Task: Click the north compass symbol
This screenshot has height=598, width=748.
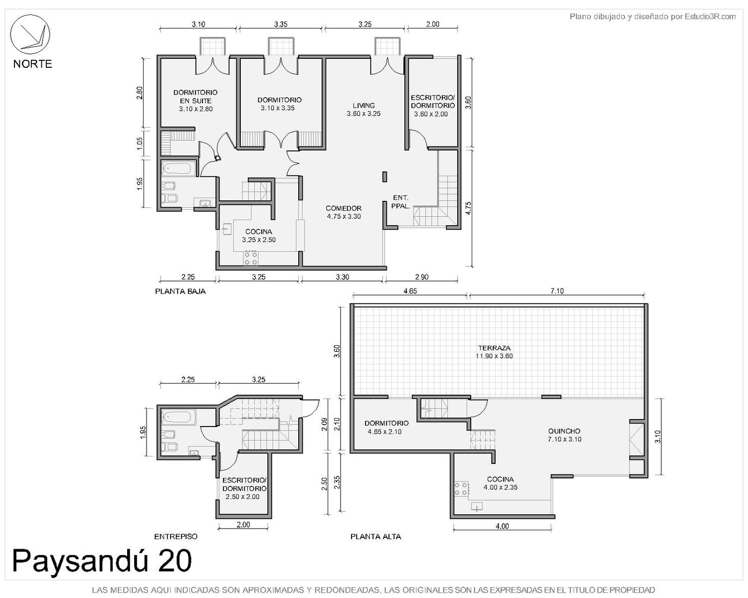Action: click(30, 34)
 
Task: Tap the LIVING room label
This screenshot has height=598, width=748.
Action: click(364, 105)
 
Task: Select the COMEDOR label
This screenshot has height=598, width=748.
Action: click(344, 208)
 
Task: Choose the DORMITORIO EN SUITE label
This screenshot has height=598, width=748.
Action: click(195, 97)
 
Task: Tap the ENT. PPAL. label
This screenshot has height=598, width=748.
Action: click(400, 202)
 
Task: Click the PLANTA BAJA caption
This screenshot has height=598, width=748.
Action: click(180, 292)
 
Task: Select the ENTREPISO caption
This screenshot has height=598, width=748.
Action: click(176, 537)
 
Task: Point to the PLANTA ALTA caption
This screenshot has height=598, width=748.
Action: click(375, 537)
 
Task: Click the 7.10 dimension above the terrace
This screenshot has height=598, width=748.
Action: click(557, 291)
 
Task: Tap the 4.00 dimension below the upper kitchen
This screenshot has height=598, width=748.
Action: click(502, 526)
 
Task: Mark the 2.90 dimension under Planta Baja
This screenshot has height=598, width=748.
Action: click(421, 277)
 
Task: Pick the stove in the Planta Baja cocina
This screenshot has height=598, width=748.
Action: click(251, 258)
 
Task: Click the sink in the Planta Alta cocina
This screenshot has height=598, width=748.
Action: click(477, 506)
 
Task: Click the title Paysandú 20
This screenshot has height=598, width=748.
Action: click(102, 561)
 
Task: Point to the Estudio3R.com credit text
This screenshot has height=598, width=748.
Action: click(652, 16)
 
